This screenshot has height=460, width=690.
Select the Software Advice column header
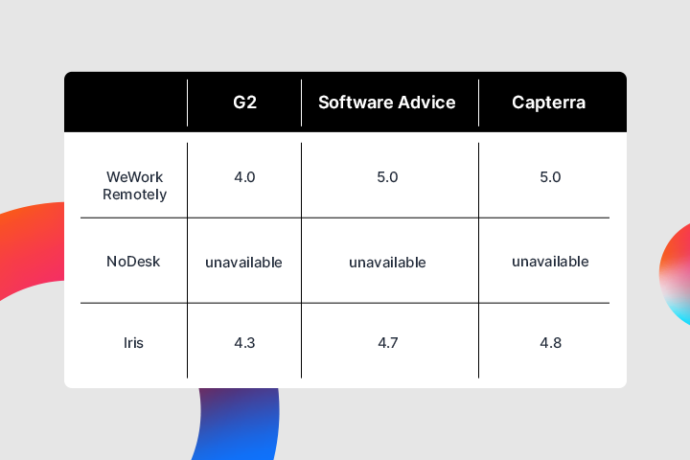click(386, 103)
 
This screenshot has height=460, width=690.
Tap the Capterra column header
click(550, 103)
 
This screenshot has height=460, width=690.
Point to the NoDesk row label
click(134, 261)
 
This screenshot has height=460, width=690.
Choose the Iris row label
click(134, 341)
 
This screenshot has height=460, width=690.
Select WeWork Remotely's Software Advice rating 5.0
click(387, 177)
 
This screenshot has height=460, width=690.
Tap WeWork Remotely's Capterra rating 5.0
click(550, 177)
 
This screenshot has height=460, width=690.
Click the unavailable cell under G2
click(243, 262)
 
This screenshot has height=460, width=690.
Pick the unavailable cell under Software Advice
click(387, 262)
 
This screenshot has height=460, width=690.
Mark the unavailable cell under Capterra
click(550, 261)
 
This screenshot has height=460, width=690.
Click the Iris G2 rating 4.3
click(243, 341)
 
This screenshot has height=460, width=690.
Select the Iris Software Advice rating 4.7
click(387, 341)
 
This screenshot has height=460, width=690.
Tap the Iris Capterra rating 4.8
click(550, 341)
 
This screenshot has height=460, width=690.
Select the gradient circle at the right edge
click(677, 273)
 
